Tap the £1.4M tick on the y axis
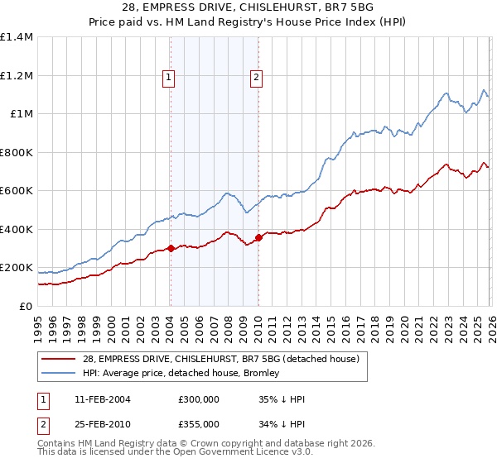point(17,37)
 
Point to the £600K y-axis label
point(17,191)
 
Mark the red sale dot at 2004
point(170,248)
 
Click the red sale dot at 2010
point(258,238)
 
